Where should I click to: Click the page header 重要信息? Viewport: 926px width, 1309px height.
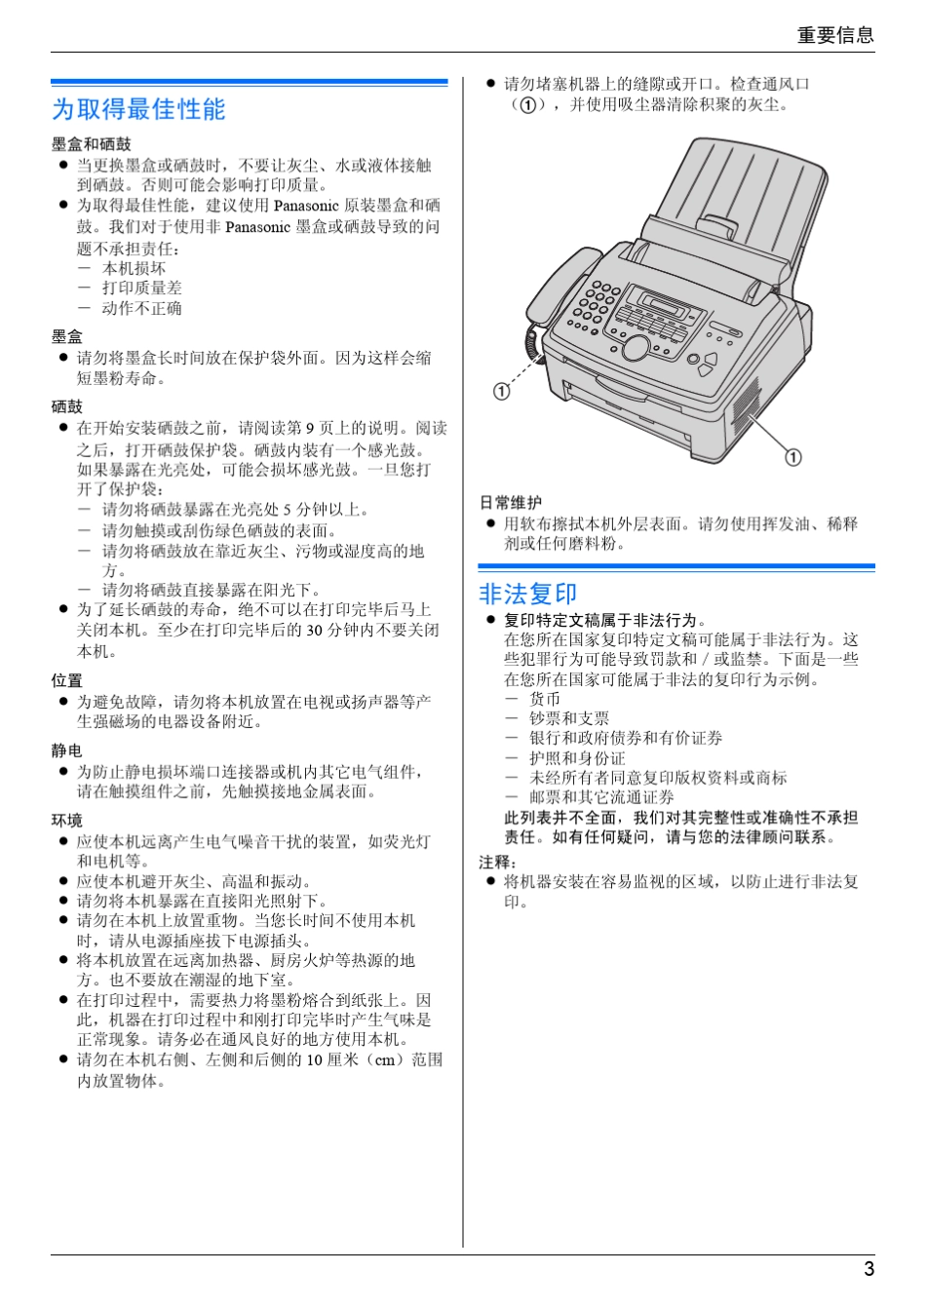835,35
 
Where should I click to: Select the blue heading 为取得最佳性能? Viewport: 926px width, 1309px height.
138,109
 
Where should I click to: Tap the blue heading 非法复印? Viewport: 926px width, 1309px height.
527,594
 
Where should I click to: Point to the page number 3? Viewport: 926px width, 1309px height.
868,1268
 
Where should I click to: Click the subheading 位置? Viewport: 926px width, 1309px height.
67,680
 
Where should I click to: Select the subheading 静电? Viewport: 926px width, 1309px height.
67,751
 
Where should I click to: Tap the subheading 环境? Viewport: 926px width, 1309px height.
67,821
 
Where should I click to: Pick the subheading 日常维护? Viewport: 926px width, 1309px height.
511,502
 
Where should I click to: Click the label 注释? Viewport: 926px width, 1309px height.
498,862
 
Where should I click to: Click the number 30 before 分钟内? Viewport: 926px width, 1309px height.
315,631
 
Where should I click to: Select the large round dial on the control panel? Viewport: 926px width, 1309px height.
637,347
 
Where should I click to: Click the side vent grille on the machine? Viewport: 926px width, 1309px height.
746,404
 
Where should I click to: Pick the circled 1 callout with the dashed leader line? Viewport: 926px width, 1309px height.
502,391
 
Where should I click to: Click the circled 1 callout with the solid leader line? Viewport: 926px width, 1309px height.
793,457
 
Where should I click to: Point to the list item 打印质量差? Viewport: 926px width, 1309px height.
142,288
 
